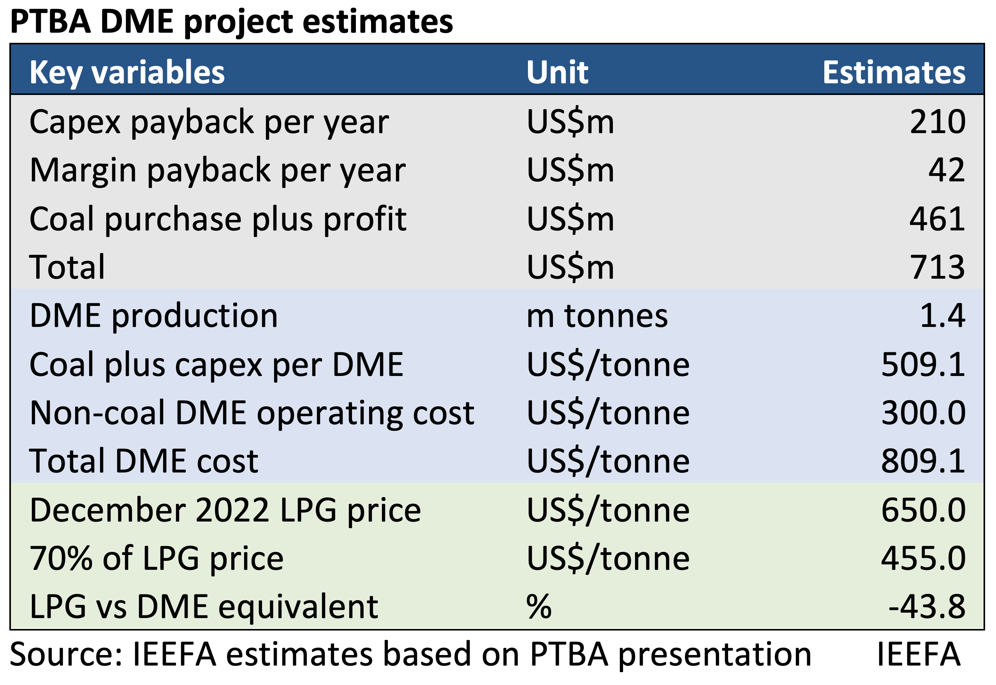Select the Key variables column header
tap(127, 72)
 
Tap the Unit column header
tap(557, 72)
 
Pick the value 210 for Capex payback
tap(937, 122)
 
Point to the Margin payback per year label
tap(217, 170)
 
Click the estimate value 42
tap(946, 170)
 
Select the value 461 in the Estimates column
tap(937, 219)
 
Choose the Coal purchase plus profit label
tap(218, 219)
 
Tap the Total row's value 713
tap(937, 267)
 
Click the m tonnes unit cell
tap(597, 316)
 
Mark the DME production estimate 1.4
tap(942, 316)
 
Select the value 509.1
tap(923, 364)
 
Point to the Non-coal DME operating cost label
tap(252, 413)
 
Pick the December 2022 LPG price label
tap(225, 510)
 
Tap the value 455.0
tap(923, 559)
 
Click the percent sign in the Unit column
tap(538, 607)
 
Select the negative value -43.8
tap(926, 607)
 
